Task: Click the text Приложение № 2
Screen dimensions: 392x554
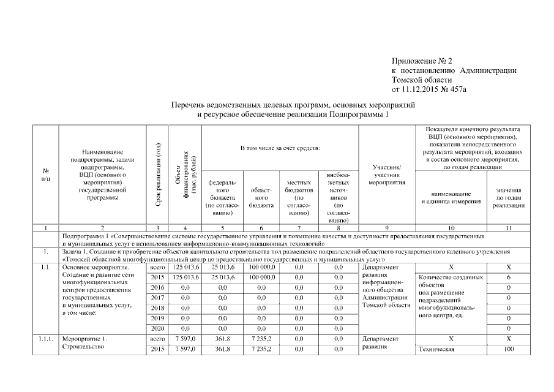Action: coord(422,61)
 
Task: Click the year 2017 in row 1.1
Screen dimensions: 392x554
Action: coord(158,297)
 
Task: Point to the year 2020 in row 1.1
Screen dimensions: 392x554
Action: coord(158,328)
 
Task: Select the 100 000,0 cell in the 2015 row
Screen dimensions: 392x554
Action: coord(261,277)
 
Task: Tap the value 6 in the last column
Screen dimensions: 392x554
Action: coord(508,277)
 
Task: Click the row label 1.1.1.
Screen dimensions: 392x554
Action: coord(46,339)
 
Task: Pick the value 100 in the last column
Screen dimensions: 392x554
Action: coord(508,349)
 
